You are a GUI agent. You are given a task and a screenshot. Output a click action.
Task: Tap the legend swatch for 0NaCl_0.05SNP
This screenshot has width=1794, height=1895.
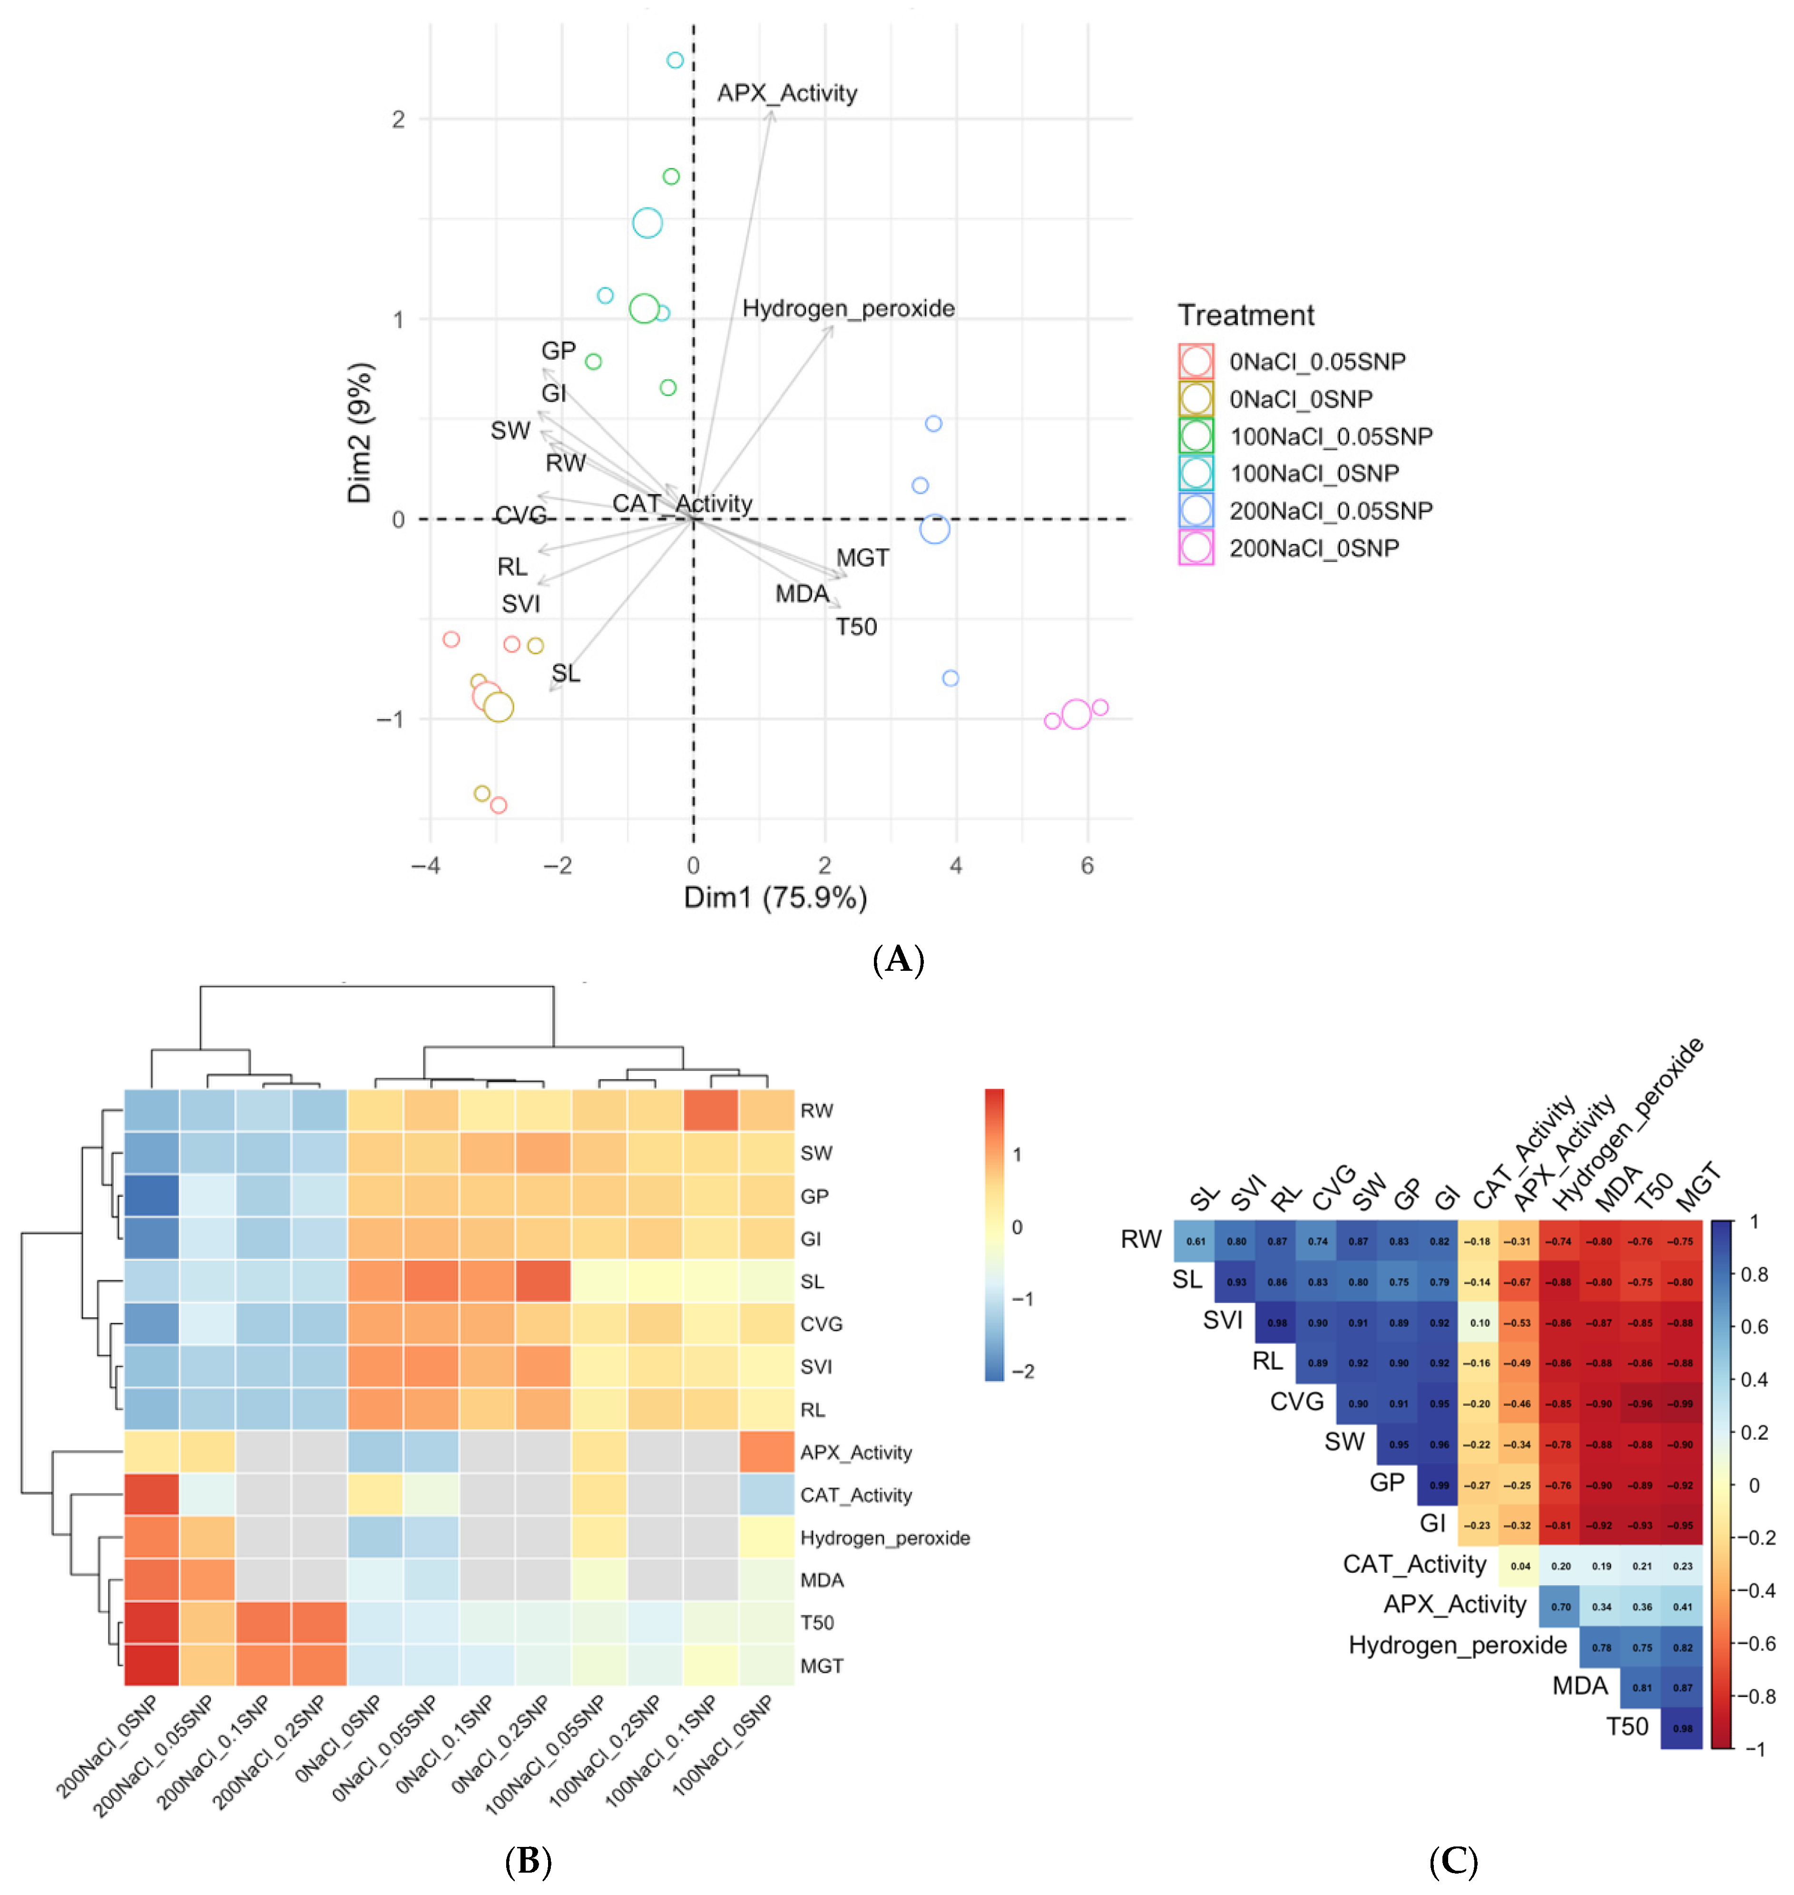[1196, 362]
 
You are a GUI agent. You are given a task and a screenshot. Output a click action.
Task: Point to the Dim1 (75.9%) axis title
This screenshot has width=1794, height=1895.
[774, 897]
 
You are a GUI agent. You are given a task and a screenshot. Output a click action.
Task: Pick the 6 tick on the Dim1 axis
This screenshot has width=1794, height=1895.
[1088, 866]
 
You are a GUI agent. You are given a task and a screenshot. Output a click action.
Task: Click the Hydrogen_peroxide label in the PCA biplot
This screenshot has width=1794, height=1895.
[848, 308]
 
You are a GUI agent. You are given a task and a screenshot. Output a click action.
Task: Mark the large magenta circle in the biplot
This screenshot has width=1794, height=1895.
[1076, 714]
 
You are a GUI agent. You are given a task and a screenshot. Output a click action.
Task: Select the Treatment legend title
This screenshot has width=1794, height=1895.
[1245, 315]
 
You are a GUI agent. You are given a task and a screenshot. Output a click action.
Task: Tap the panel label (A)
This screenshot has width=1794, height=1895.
[898, 958]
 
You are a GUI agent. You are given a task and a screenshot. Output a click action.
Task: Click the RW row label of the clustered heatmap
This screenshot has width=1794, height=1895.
[817, 1111]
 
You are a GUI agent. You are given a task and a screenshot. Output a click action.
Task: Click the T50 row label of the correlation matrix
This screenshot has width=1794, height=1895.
[1627, 1727]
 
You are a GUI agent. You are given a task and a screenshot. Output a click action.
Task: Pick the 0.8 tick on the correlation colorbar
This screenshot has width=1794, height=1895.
[1754, 1274]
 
